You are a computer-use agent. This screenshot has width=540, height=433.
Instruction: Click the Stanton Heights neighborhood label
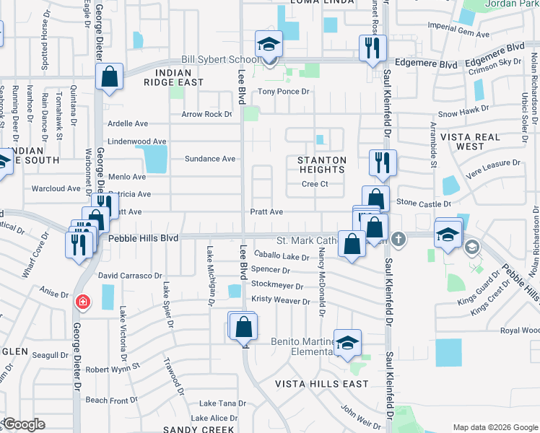323,165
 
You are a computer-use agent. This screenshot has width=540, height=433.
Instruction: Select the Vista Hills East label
322,384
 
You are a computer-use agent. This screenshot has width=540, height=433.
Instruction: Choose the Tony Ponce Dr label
284,92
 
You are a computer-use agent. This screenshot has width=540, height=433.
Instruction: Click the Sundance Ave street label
210,159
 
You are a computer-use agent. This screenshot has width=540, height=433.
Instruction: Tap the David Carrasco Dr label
131,276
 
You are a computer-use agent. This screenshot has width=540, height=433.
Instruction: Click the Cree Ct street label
315,184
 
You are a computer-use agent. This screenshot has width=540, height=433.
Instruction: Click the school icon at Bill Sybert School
269,45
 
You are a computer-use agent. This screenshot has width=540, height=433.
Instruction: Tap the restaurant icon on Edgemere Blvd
373,48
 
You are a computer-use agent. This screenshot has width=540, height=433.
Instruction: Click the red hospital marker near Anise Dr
84,301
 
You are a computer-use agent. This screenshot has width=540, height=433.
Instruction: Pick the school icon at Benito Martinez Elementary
347,342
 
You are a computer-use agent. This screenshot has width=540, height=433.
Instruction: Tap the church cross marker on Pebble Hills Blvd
398,238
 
